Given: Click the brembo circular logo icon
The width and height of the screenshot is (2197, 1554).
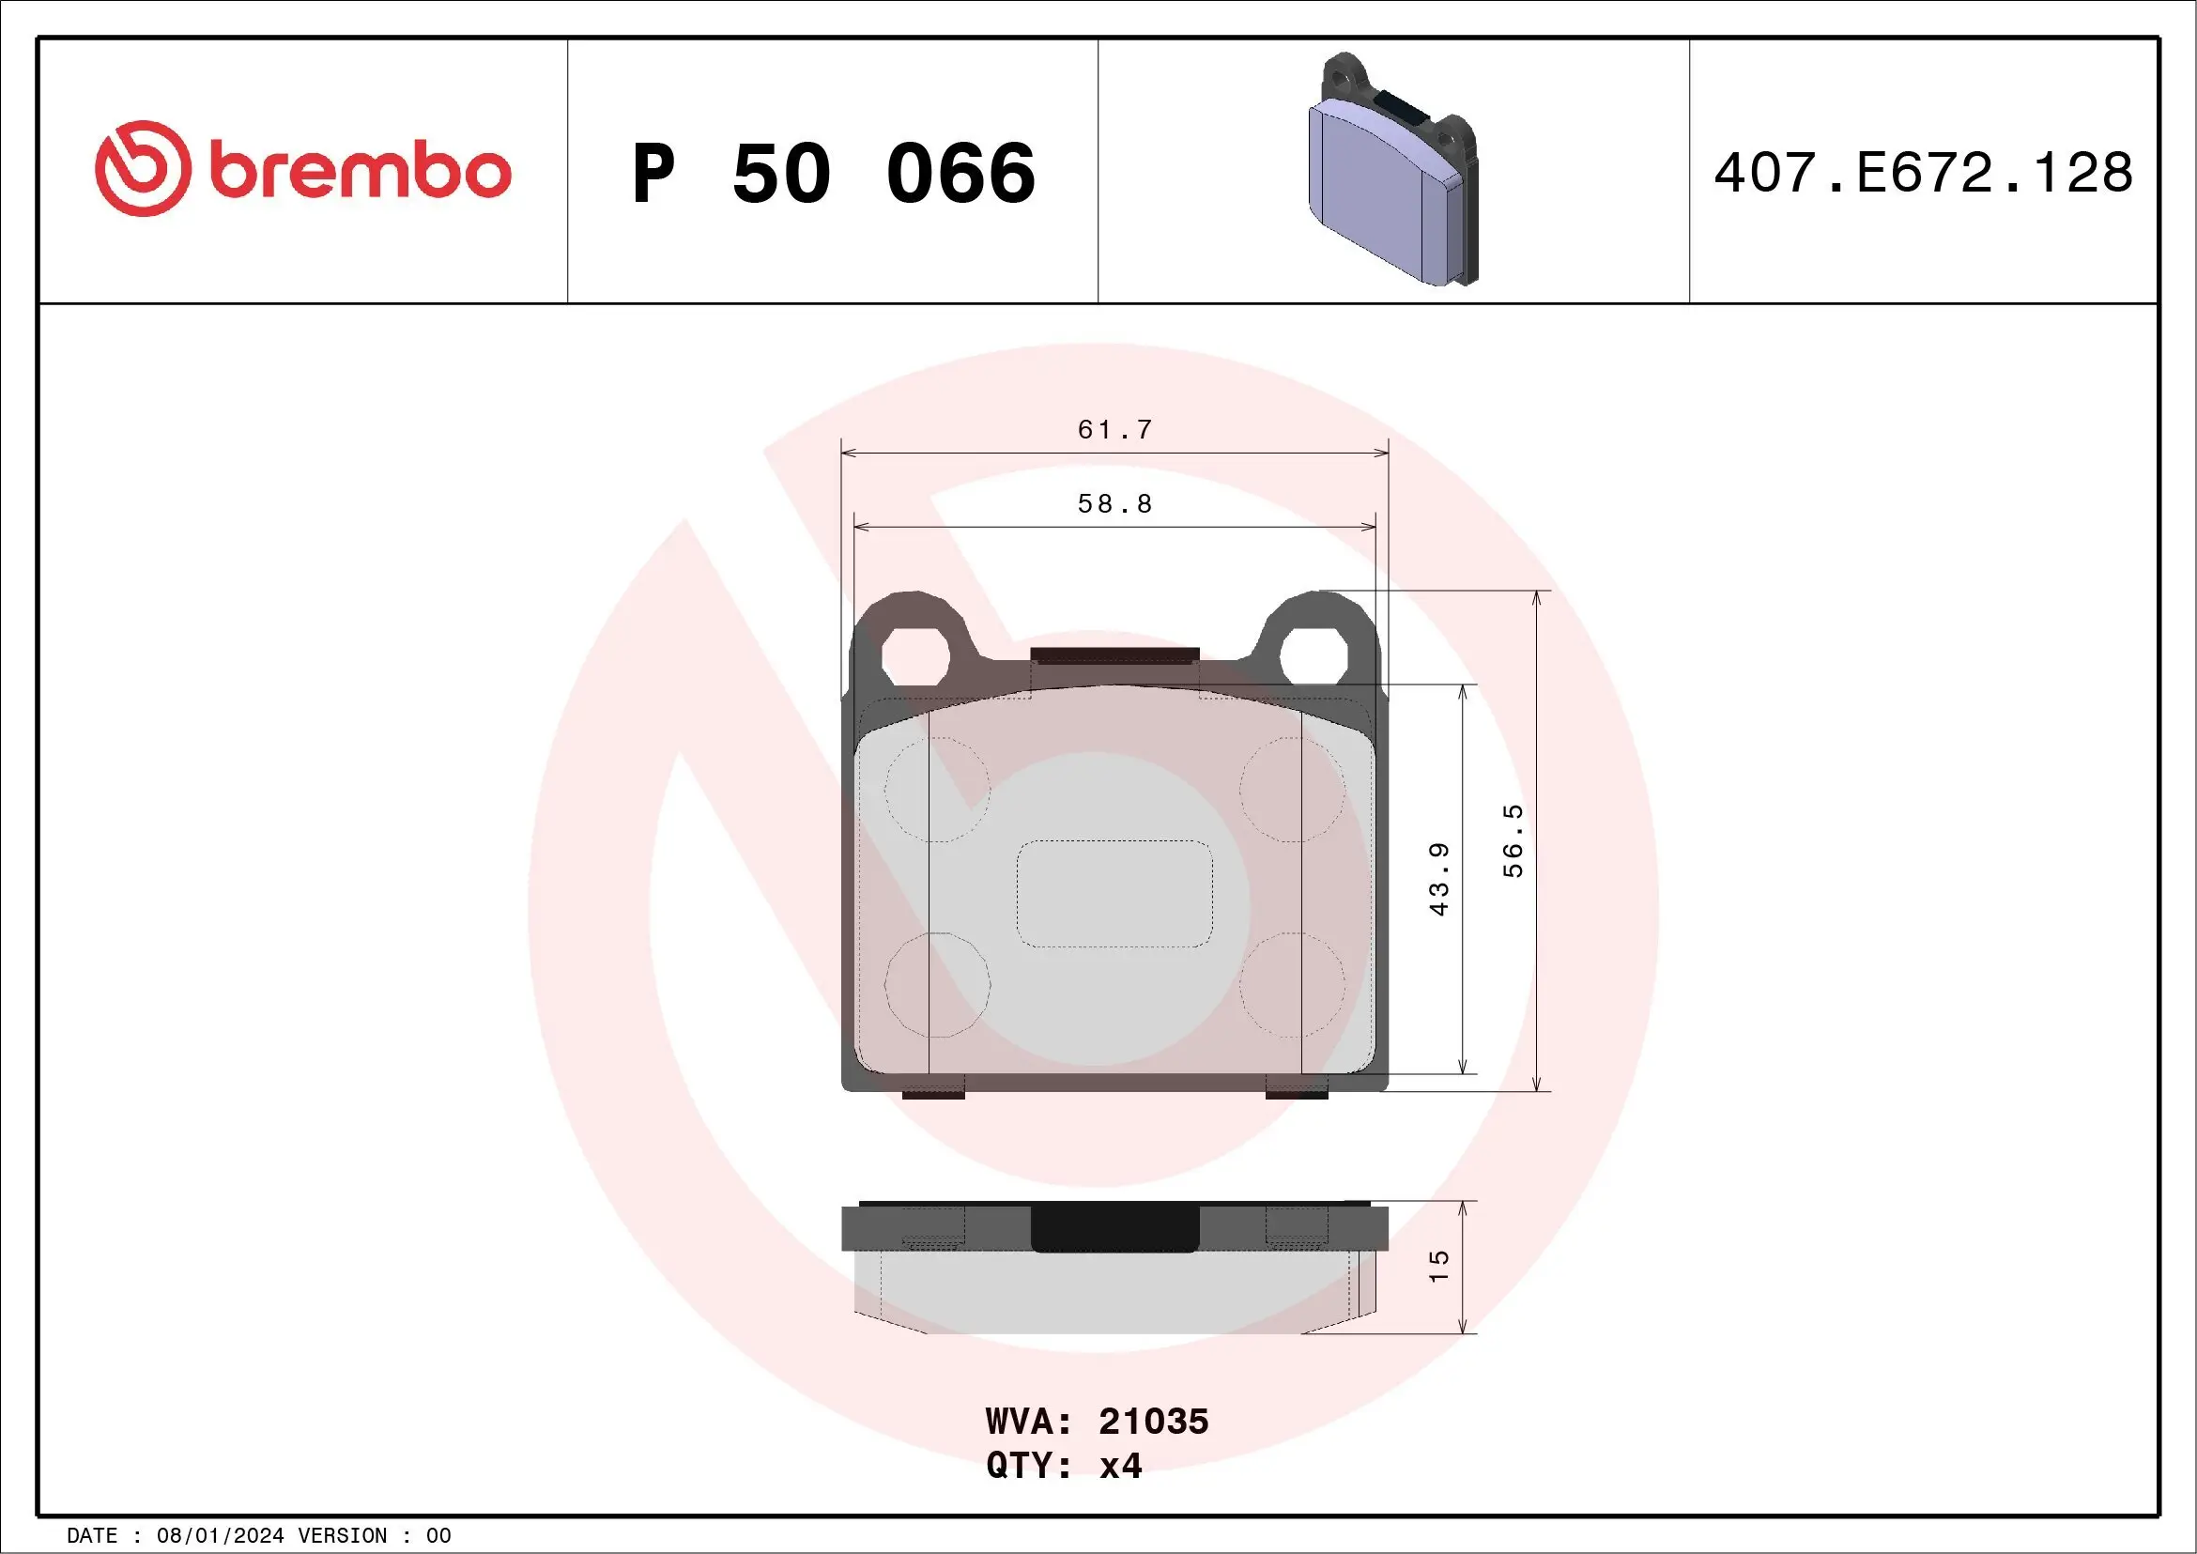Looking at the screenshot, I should pos(142,168).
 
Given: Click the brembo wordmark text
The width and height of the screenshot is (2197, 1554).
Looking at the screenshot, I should pos(360,172).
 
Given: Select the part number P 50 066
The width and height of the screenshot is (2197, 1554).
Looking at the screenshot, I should pos(834,173).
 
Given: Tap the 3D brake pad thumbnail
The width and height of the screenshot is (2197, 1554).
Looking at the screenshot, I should pos(1392,170).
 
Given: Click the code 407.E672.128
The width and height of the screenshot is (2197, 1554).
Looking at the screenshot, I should pos(1924,173).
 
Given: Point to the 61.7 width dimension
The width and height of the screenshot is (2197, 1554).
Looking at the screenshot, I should pos(1114,430).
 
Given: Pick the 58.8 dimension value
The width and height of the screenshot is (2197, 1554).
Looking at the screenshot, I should pos(1114,503).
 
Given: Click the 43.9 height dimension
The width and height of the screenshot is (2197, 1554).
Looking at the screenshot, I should pos(1438,879).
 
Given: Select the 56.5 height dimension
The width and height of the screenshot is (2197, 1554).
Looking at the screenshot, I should pos(1512,840).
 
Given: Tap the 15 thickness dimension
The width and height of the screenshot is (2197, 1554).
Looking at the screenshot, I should pos(1438,1266).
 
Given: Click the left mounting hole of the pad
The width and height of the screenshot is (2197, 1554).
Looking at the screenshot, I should pos(914,656).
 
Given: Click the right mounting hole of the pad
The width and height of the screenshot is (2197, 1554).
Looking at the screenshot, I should pos(1314,656).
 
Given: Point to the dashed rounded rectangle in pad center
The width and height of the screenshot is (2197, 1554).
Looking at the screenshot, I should pos(1114,894).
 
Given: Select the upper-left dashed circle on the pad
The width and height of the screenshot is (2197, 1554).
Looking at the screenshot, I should pos(937,790).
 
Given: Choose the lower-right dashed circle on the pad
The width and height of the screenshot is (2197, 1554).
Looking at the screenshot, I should pos(1292,985).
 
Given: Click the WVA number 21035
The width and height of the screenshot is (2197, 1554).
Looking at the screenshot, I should pos(1153,1422).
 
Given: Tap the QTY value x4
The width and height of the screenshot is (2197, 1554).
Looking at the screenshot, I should pos(1120,1466).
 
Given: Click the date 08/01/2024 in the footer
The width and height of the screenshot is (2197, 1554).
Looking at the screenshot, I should pos(220,1536).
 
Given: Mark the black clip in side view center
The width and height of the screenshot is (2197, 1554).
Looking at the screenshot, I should pos(1114,1227).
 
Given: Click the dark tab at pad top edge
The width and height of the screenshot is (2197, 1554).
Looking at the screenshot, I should pos(1114,655).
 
